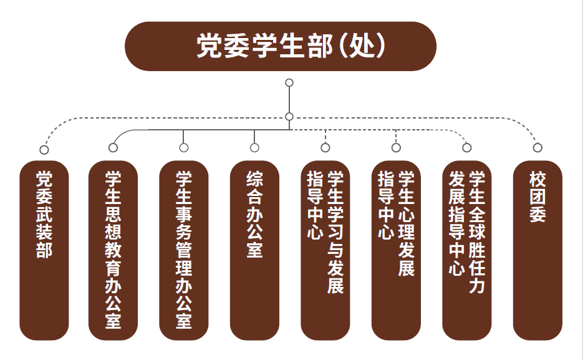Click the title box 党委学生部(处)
pyautogui.click(x=280, y=46)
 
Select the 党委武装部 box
pyautogui.click(x=44, y=250)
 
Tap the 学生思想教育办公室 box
pyautogui.click(x=113, y=250)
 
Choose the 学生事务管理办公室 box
pyautogui.click(x=184, y=250)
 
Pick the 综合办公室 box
pyautogui.click(x=254, y=250)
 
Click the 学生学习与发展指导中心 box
pyautogui.click(x=325, y=250)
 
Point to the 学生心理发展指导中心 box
pyautogui.click(x=396, y=250)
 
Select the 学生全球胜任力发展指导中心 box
pyautogui.click(x=467, y=250)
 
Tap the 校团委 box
pyautogui.click(x=537, y=250)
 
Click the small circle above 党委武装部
pyautogui.click(x=44, y=150)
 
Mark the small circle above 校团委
pyautogui.click(x=537, y=148)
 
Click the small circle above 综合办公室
pyautogui.click(x=254, y=148)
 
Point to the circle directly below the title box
pyautogui.click(x=289, y=82)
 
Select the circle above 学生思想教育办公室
pyautogui.click(x=113, y=148)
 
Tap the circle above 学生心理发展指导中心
pyautogui.click(x=396, y=148)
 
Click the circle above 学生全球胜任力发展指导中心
pyautogui.click(x=467, y=148)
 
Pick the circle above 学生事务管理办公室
pyautogui.click(x=184, y=148)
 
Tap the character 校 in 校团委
pyautogui.click(x=537, y=180)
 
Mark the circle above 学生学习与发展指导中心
pyautogui.click(x=325, y=148)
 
